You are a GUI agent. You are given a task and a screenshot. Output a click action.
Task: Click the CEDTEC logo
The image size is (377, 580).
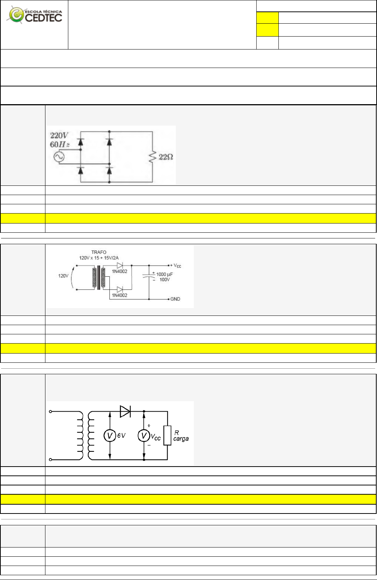pyautogui.click(x=35, y=15)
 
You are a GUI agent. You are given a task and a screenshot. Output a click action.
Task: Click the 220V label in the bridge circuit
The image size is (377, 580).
pyautogui.click(x=59, y=136)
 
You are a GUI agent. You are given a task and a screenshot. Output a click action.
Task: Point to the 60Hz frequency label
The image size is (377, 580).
pyautogui.click(x=60, y=144)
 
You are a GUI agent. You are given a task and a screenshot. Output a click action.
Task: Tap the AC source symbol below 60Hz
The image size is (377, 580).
pyautogui.click(x=59, y=157)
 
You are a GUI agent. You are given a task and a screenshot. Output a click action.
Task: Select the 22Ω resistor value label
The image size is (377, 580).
pyautogui.click(x=166, y=157)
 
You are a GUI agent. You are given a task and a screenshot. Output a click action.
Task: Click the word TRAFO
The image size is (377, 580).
pyautogui.click(x=99, y=252)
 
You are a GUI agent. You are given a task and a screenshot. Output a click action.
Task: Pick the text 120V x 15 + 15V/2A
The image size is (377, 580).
pyautogui.click(x=99, y=258)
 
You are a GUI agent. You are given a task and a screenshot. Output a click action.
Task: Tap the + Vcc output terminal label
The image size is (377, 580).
pyautogui.click(x=176, y=266)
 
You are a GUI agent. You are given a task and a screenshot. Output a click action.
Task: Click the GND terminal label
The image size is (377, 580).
pyautogui.click(x=175, y=299)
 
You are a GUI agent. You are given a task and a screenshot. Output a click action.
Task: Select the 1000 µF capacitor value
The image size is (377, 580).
pyautogui.click(x=164, y=274)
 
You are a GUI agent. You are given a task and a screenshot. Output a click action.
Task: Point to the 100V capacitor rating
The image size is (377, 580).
pyautogui.click(x=165, y=280)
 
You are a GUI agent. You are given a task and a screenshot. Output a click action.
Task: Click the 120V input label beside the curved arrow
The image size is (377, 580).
pyautogui.click(x=63, y=276)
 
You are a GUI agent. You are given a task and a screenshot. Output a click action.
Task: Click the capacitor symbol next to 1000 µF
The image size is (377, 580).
pyautogui.click(x=149, y=276)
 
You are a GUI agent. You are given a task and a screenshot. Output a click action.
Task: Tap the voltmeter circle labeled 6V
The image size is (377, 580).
pyautogui.click(x=109, y=436)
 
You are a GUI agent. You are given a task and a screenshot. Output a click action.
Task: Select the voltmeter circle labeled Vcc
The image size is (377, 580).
pyautogui.click(x=144, y=436)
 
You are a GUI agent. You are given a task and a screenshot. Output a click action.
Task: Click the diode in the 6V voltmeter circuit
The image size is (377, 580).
pyautogui.click(x=125, y=411)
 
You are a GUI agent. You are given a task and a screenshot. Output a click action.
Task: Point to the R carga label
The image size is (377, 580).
pyautogui.click(x=181, y=436)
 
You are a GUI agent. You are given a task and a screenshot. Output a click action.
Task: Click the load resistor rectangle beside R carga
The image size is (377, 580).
pyautogui.click(x=168, y=435)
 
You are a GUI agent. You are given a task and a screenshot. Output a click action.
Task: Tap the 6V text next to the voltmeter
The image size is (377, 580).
pyautogui.click(x=121, y=436)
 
